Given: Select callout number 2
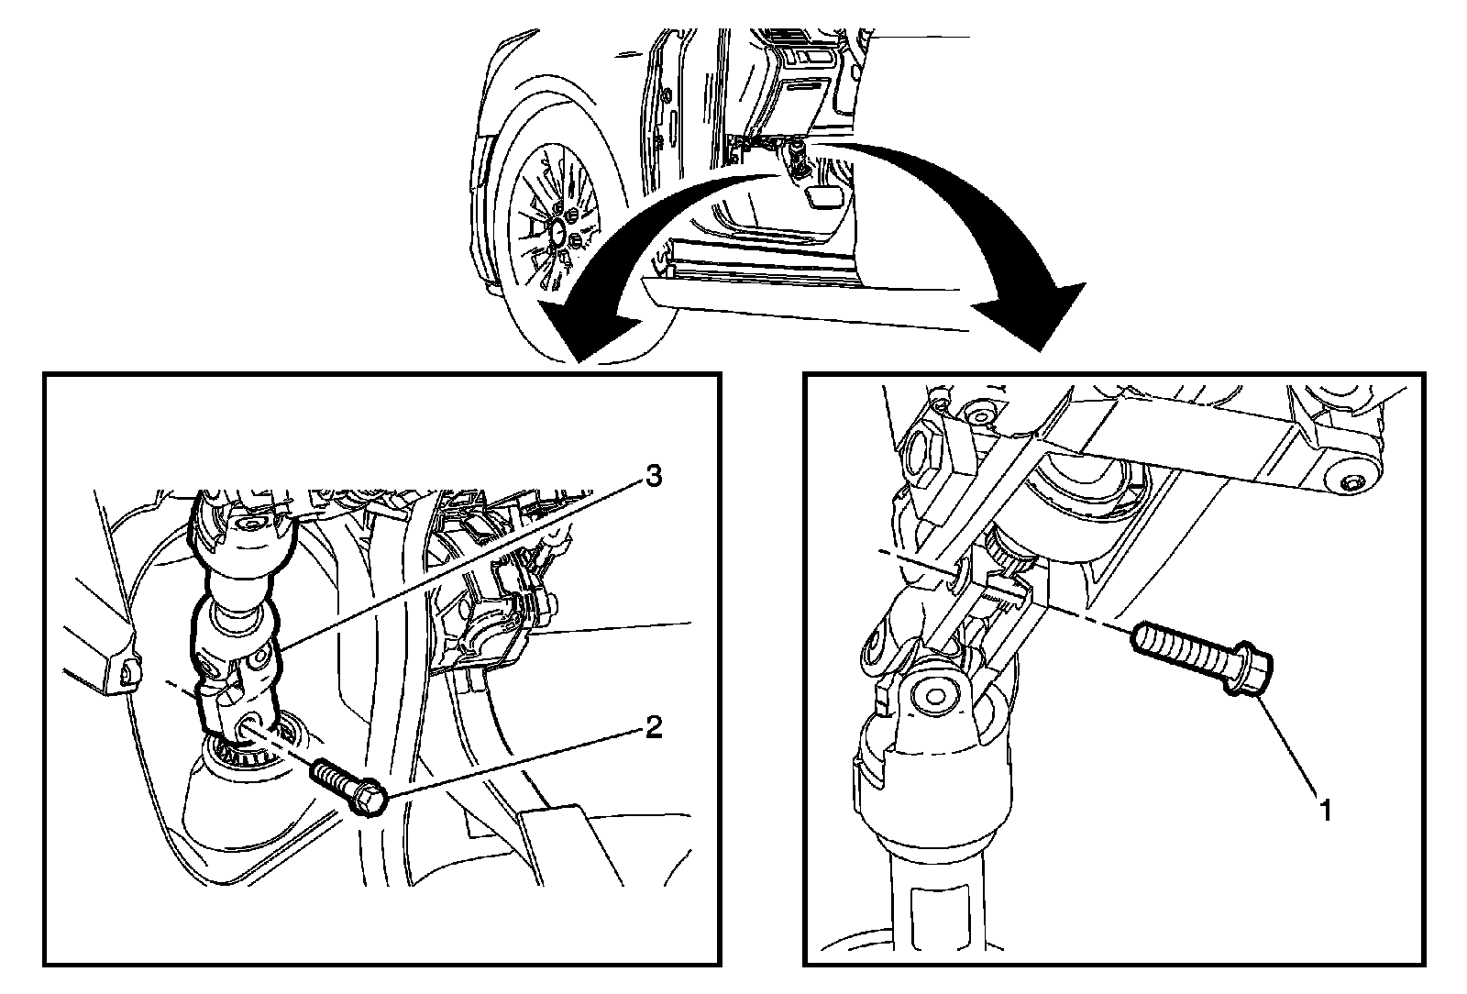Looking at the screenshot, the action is [x=654, y=728].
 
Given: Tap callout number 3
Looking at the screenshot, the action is [x=654, y=477].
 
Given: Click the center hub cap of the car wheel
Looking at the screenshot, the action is [x=557, y=234].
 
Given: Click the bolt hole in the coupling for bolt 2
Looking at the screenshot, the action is [x=249, y=726].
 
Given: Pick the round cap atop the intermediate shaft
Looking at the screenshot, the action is [x=248, y=524].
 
